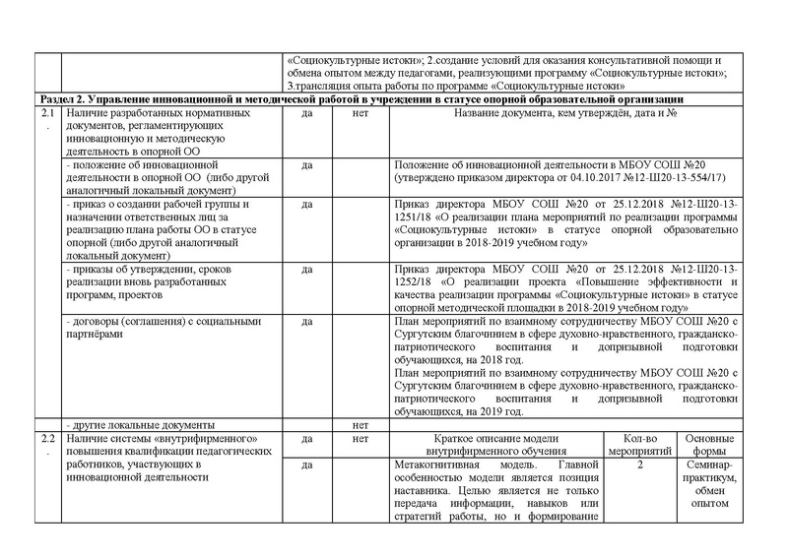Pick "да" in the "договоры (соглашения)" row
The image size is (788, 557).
point(305,321)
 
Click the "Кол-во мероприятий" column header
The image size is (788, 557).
point(640,445)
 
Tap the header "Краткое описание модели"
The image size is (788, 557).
point(496,438)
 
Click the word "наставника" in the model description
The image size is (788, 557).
point(422,492)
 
